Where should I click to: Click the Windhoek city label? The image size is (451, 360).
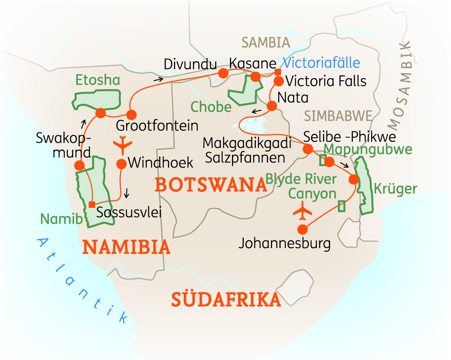(x=160, y=163)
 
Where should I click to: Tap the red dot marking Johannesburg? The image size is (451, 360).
(x=302, y=229)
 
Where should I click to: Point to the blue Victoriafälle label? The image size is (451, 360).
(x=321, y=63)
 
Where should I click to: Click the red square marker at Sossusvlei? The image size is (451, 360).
(x=92, y=204)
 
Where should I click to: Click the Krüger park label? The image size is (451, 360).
(x=395, y=189)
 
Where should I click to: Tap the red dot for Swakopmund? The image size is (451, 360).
(x=79, y=165)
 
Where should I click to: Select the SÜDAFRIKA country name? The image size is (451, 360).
(x=226, y=300)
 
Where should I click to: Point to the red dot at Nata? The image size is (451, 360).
(x=272, y=106)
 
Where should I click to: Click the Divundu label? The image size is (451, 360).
(x=190, y=64)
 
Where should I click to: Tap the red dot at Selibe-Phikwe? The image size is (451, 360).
(x=308, y=149)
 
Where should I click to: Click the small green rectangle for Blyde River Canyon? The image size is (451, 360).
(x=342, y=206)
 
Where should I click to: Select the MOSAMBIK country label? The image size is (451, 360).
(x=404, y=84)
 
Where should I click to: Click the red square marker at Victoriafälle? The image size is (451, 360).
(x=277, y=72)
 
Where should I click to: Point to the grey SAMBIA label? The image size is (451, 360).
(x=266, y=43)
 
